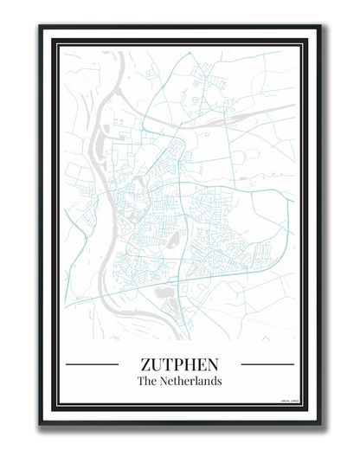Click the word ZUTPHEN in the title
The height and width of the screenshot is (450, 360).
[179, 364]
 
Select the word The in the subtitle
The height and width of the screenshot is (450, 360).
[147, 381]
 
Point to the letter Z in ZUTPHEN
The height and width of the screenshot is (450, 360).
[145, 364]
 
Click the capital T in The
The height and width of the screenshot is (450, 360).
[141, 381]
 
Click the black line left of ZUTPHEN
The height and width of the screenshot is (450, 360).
[92, 364]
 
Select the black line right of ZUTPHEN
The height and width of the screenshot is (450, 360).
[267, 364]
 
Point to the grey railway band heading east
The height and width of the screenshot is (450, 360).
[260, 112]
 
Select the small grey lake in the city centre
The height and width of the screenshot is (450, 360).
[174, 240]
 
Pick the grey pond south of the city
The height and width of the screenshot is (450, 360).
[164, 295]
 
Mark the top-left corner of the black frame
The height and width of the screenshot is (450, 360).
[40, 27]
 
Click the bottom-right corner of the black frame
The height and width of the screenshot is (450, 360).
[319, 423]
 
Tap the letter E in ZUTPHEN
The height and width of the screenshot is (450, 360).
[202, 364]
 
